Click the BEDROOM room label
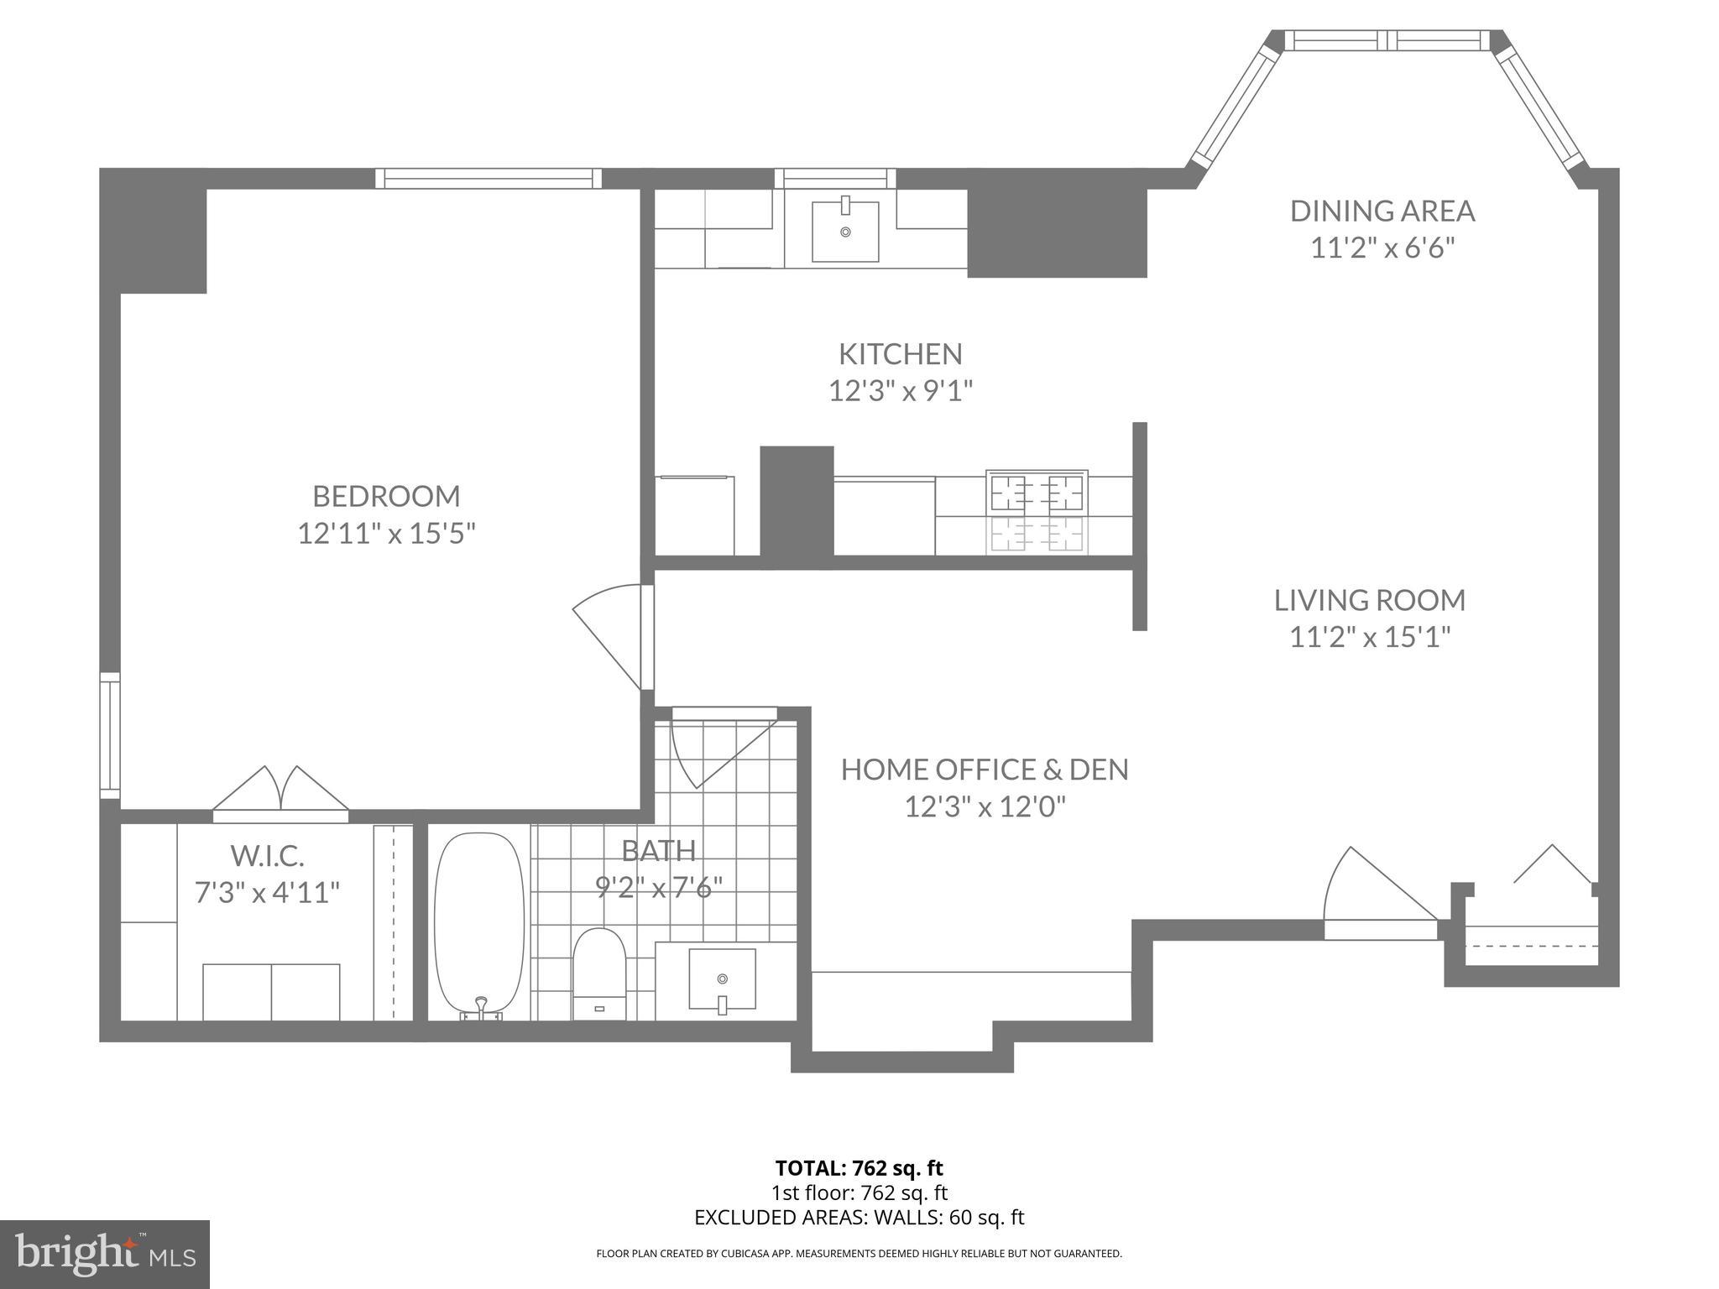pos(386,496)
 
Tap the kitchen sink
pos(845,231)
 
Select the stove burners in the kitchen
pos(1037,493)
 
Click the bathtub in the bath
pos(479,923)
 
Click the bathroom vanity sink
pos(722,978)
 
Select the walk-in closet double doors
pos(280,792)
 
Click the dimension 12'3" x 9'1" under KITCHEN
pos(900,391)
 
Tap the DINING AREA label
pos(1382,211)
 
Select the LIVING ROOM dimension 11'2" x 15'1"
pos(1370,638)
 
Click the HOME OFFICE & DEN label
pos(985,770)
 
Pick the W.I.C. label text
pos(267,856)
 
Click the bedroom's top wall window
pos(489,178)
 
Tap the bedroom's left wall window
pos(110,735)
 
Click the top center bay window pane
pos(1387,40)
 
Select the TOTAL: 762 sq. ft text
pos(859,1168)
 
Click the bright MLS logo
pos(105,1254)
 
